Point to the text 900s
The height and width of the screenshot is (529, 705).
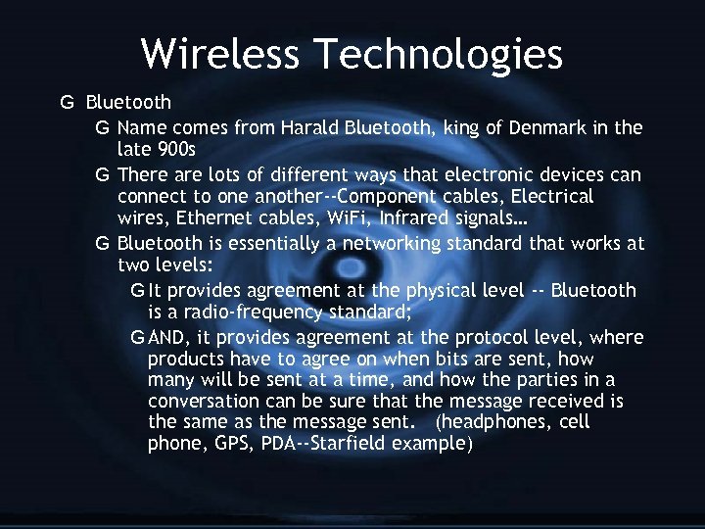tap(176, 150)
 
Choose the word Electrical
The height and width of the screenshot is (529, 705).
tap(550, 196)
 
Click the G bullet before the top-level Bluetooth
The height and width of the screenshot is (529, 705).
tap(67, 102)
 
